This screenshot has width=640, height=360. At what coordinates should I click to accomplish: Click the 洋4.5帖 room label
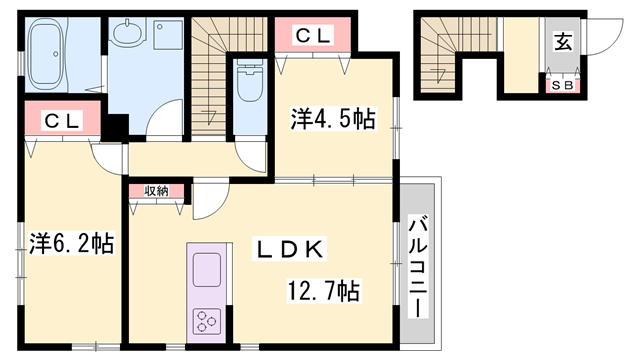tap(334, 120)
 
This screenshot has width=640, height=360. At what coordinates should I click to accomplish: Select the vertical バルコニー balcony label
tap(417, 264)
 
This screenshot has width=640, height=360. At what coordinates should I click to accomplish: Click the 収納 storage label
tap(155, 190)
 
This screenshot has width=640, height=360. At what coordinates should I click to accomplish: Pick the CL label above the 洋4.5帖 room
tap(314, 36)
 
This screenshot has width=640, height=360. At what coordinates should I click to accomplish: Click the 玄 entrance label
tap(563, 43)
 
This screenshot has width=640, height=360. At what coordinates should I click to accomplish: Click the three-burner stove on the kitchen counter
tap(206, 321)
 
